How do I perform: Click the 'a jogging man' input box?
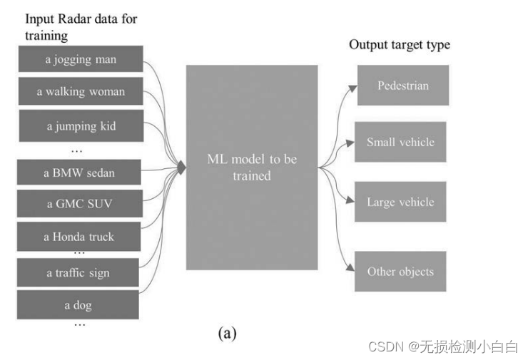(x=80, y=59)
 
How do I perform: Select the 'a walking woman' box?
(x=80, y=92)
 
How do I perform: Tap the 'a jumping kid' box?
(x=80, y=126)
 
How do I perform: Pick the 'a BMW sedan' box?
(x=79, y=173)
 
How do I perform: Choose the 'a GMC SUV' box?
(x=79, y=204)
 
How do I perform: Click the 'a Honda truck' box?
(x=79, y=237)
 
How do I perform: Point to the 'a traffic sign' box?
(x=79, y=272)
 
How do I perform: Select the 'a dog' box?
(x=79, y=306)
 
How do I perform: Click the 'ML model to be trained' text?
(x=252, y=167)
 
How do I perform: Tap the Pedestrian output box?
(x=403, y=86)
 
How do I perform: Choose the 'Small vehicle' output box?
(x=400, y=142)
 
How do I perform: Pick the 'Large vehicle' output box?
(x=400, y=202)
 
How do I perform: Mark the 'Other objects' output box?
(x=400, y=271)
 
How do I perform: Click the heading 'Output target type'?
(x=400, y=45)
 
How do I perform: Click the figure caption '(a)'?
(x=227, y=333)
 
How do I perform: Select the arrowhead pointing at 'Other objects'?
(x=350, y=269)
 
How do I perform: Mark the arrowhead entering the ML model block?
(x=182, y=168)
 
